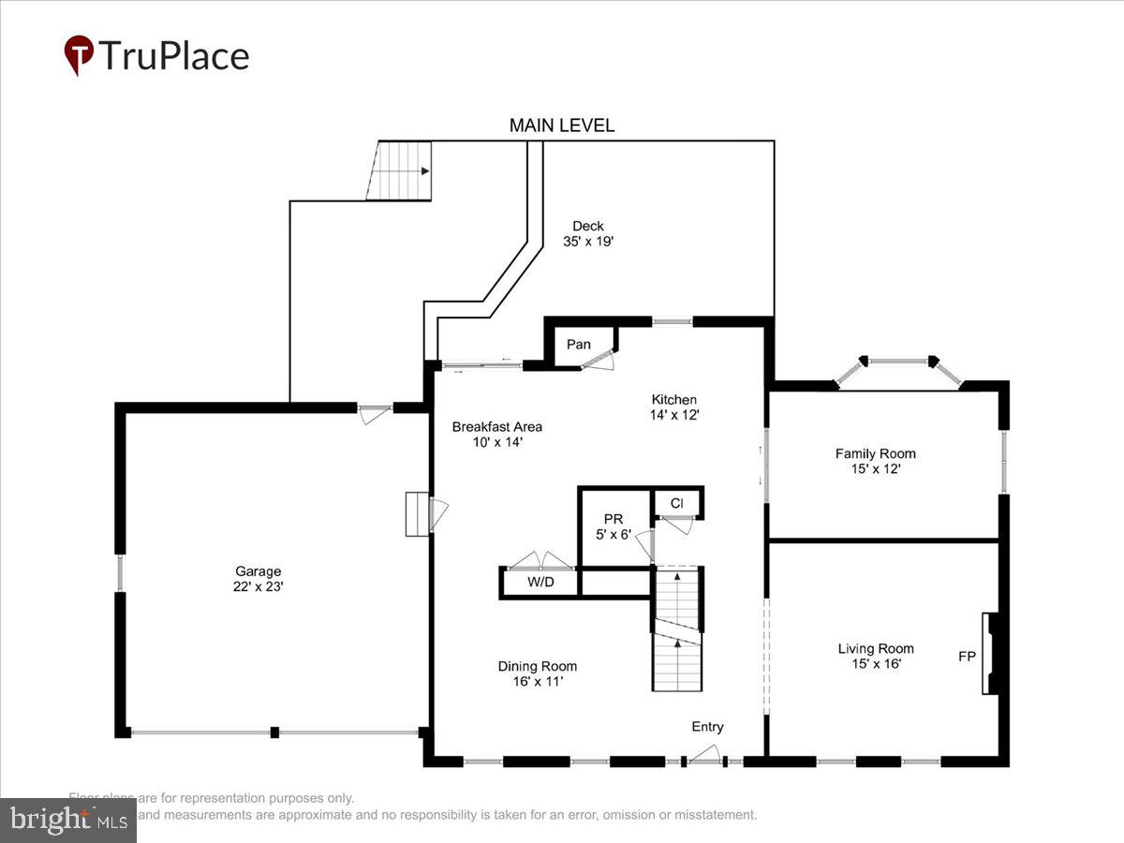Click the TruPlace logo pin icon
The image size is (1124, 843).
pyautogui.click(x=79, y=55)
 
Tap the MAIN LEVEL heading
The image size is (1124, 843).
pyautogui.click(x=561, y=126)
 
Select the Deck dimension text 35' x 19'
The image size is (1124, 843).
pyautogui.click(x=588, y=241)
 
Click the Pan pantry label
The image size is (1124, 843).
pyautogui.click(x=579, y=345)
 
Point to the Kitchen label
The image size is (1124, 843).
pyautogui.click(x=674, y=399)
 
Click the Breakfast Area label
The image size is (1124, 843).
pyautogui.click(x=496, y=426)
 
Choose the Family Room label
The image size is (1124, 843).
pyautogui.click(x=875, y=453)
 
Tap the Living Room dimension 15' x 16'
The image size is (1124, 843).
pyautogui.click(x=875, y=664)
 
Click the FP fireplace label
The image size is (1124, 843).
pyautogui.click(x=967, y=657)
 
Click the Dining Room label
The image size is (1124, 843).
pyautogui.click(x=537, y=666)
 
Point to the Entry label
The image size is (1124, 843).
pyautogui.click(x=707, y=727)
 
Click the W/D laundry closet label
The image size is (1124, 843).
pyautogui.click(x=540, y=583)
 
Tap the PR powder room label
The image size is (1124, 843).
pyautogui.click(x=614, y=519)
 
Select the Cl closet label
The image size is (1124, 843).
pyautogui.click(x=676, y=503)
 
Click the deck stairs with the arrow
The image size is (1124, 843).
pyautogui.click(x=403, y=170)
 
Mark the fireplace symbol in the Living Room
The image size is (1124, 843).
pyautogui.click(x=989, y=653)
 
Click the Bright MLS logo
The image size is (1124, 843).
pyautogui.click(x=67, y=821)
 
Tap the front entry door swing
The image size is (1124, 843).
pyautogui.click(x=704, y=753)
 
